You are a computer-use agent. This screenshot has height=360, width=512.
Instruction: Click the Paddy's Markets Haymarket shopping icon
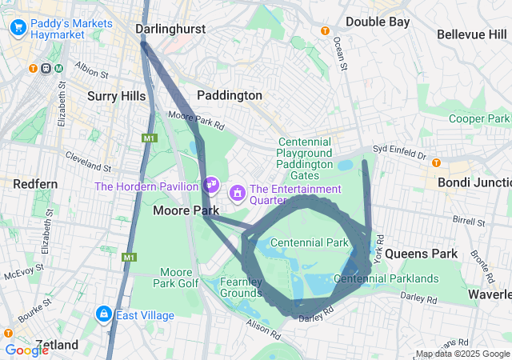[x=18, y=29]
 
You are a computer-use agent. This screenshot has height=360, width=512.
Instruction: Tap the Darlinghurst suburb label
[x=170, y=30]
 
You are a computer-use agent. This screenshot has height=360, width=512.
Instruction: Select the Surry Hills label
[x=116, y=96]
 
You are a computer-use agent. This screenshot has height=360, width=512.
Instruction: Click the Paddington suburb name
[x=230, y=95]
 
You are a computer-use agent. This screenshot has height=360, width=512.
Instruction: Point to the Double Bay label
[x=378, y=22]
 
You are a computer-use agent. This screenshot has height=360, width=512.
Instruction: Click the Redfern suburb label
[x=35, y=184]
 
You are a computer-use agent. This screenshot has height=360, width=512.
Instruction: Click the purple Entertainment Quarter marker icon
[x=238, y=194]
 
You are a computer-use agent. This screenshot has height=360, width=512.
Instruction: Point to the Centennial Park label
[x=309, y=242]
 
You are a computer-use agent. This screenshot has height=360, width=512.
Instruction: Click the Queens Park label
[x=422, y=254]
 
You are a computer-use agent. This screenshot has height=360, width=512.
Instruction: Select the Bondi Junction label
[x=474, y=182]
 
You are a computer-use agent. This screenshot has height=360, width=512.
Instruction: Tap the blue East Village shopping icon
[x=103, y=314]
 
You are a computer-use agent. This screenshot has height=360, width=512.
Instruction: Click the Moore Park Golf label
[x=176, y=278]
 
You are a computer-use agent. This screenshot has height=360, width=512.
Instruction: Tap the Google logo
[x=27, y=350]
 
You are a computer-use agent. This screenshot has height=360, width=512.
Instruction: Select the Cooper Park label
[x=478, y=118]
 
